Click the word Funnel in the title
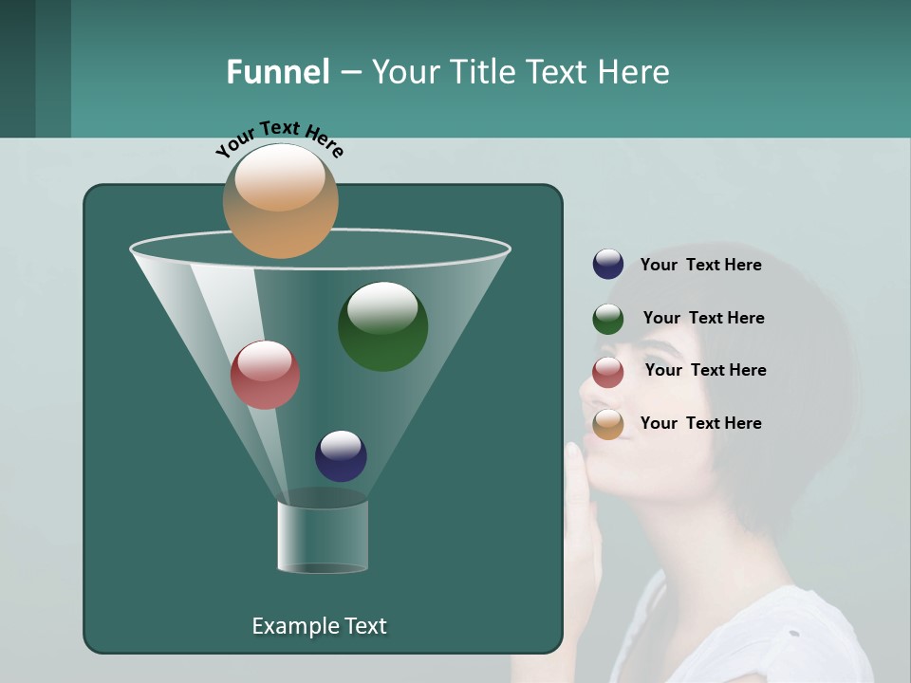coord(277,72)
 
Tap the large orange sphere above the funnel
coord(280,200)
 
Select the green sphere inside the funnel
coord(382,325)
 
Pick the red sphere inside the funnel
coord(265,375)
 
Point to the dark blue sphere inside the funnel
coord(341,456)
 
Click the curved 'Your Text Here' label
coord(280,138)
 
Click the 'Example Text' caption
coord(319,626)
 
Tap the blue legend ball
coord(608,265)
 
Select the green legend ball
coord(608,319)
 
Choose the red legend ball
coord(608,371)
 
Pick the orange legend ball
coord(608,424)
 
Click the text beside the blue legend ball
coord(700,266)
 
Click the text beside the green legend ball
coord(703,318)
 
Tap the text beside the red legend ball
coord(705,370)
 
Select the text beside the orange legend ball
coord(700,423)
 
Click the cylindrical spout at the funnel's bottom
coord(323,537)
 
